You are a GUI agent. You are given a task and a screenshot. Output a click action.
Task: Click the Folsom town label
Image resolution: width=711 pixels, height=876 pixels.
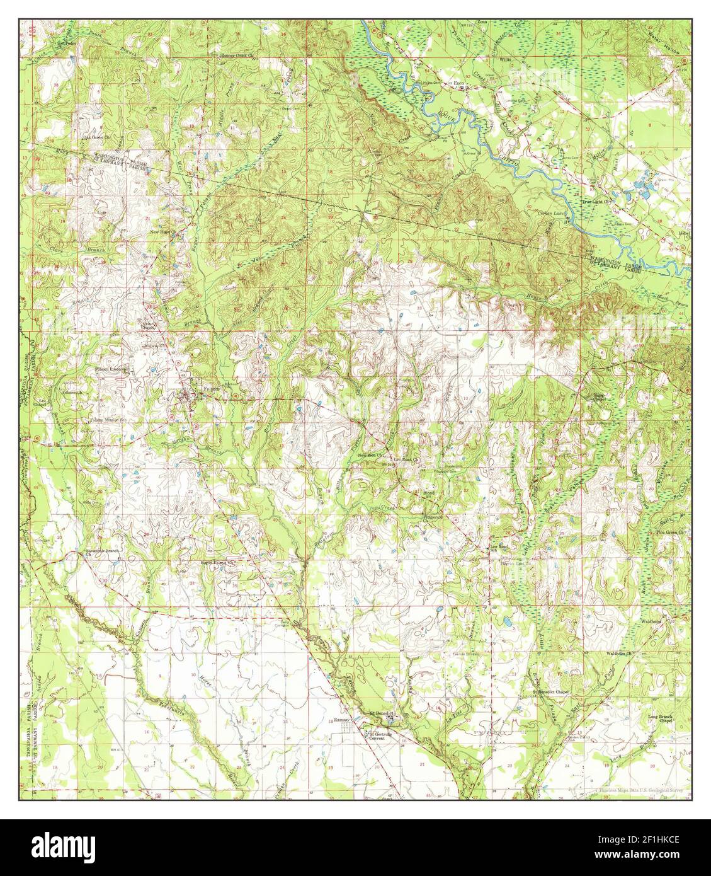[x=212, y=389]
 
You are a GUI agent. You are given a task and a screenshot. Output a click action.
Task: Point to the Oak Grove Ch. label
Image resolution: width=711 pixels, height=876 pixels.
[x=96, y=136]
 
